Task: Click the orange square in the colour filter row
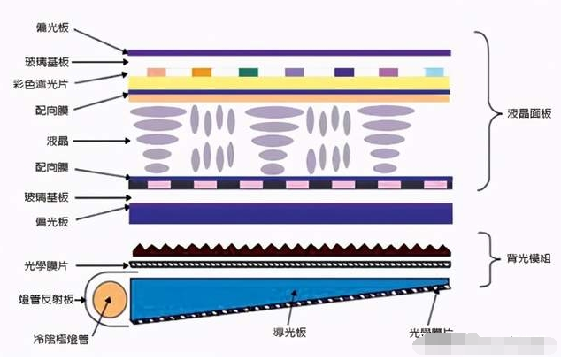point(202,72)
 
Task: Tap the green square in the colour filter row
point(249,72)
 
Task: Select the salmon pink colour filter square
point(157,72)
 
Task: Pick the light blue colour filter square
point(434,72)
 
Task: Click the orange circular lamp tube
point(110,302)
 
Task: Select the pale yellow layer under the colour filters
point(290,82)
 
